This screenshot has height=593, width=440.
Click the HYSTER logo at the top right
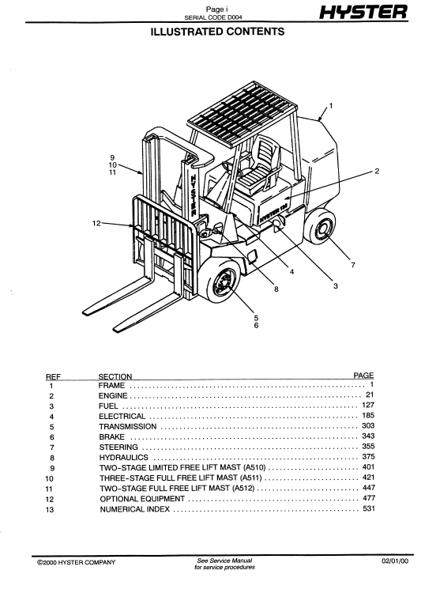363,12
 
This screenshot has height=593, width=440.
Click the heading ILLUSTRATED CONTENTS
217,32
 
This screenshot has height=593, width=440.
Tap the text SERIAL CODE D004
213,17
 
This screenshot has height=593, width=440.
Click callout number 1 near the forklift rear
331,106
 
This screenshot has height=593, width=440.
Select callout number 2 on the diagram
377,172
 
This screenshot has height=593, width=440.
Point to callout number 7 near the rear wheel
353,265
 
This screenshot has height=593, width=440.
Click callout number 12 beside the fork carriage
96,223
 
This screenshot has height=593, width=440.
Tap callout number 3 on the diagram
336,286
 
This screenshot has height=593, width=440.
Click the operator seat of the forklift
260,165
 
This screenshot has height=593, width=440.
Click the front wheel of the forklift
220,281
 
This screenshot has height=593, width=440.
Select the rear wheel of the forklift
321,228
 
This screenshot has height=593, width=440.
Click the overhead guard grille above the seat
242,112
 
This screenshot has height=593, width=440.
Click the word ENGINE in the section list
113,396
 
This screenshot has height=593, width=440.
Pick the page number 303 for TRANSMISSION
368,426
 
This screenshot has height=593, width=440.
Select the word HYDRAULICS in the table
124,458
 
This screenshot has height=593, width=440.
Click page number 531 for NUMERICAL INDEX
369,508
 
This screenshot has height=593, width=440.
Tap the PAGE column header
363,375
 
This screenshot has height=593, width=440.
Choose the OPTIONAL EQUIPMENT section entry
142,499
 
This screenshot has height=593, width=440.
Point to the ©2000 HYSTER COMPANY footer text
76,562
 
